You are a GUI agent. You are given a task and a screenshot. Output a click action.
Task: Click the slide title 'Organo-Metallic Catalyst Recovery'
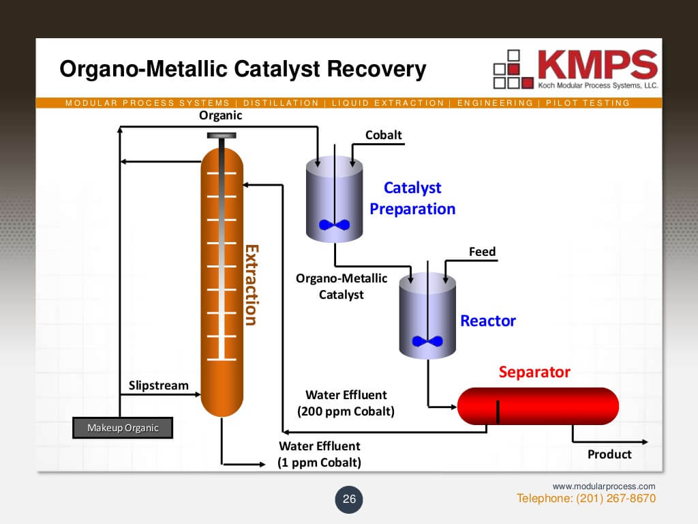[x=243, y=69]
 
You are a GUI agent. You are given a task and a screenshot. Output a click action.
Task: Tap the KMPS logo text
[x=597, y=65]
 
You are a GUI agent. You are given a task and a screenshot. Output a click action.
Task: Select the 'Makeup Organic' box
[x=123, y=428]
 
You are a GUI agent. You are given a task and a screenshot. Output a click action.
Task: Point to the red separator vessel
[x=538, y=406]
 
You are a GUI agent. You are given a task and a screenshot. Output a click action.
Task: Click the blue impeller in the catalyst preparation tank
[x=334, y=224]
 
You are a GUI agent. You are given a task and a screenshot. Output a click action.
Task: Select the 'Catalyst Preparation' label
[x=412, y=198]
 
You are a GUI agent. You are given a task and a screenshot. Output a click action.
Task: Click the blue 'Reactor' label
[x=488, y=321]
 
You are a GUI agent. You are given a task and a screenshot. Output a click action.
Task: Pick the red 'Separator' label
[x=534, y=373]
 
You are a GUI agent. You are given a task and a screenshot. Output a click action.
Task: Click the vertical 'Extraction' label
[x=251, y=285]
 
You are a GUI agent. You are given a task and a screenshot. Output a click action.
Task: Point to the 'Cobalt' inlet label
[x=384, y=135]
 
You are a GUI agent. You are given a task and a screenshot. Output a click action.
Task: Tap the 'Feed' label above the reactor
[x=482, y=252]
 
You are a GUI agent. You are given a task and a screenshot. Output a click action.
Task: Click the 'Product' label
[x=609, y=454]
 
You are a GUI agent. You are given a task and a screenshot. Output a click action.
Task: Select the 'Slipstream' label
[x=159, y=385]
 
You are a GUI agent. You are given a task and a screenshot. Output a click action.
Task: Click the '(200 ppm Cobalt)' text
[x=346, y=411]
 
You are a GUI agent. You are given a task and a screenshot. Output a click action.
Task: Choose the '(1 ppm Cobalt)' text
[x=319, y=463]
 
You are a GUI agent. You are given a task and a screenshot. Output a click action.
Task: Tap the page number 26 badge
[x=349, y=499]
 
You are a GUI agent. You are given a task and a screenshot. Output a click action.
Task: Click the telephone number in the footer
[x=586, y=499]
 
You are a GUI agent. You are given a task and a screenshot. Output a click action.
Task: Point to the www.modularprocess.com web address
[x=603, y=486]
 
